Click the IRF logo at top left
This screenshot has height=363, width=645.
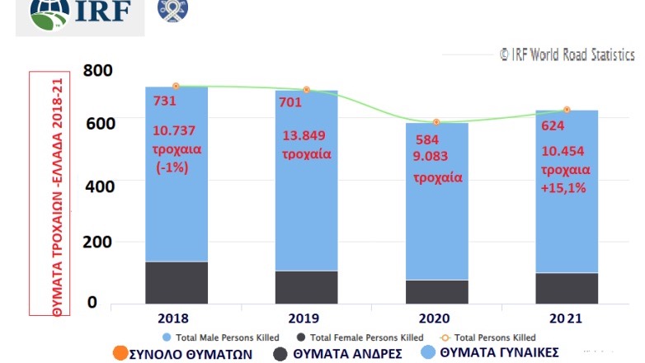tap(78, 14)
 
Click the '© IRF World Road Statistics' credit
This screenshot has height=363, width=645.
tap(567, 54)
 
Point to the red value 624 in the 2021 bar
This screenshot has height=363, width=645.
tap(553, 125)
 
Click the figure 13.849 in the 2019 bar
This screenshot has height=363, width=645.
tap(306, 135)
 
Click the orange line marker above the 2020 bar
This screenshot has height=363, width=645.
tap(436, 122)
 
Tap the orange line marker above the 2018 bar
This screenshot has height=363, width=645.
tap(176, 86)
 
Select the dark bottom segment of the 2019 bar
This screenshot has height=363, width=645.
tap(306, 286)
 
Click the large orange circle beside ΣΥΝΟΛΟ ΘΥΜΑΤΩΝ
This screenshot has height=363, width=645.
tap(119, 353)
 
